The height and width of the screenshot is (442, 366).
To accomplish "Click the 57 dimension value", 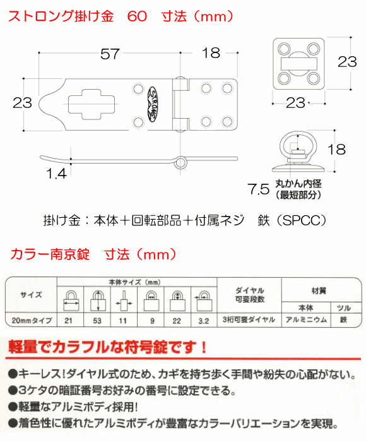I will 111,54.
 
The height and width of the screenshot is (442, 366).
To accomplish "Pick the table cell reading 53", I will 98,321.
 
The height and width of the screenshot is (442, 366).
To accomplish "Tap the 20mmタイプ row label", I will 31,321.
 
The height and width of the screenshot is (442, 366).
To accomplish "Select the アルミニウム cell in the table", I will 304,321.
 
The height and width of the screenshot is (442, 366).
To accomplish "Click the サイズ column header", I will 31,294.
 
